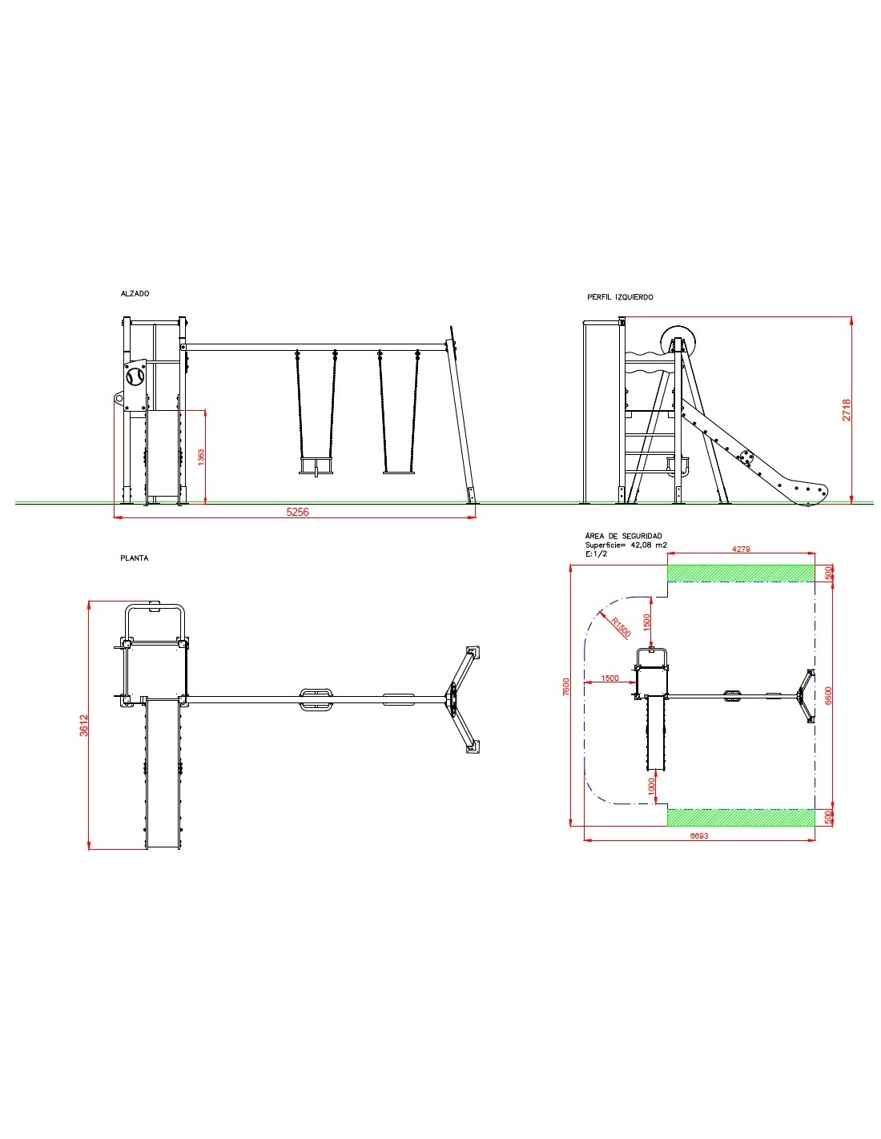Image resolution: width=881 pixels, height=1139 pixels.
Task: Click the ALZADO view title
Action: (135, 293)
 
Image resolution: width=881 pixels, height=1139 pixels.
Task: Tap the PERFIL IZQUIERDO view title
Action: (620, 297)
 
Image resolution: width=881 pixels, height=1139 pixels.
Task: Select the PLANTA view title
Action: (135, 558)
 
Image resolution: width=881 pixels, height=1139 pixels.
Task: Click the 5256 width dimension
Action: (297, 512)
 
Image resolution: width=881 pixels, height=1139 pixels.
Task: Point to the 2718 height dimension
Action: (847, 410)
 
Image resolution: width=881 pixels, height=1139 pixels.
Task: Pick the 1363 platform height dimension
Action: (201, 457)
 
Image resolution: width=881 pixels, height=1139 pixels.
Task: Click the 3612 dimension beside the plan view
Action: (84, 726)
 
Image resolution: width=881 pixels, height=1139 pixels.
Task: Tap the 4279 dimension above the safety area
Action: (741, 549)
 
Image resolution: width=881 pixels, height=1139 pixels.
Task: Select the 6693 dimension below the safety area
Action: (698, 835)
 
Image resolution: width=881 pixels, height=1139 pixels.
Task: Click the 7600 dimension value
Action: (565, 686)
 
